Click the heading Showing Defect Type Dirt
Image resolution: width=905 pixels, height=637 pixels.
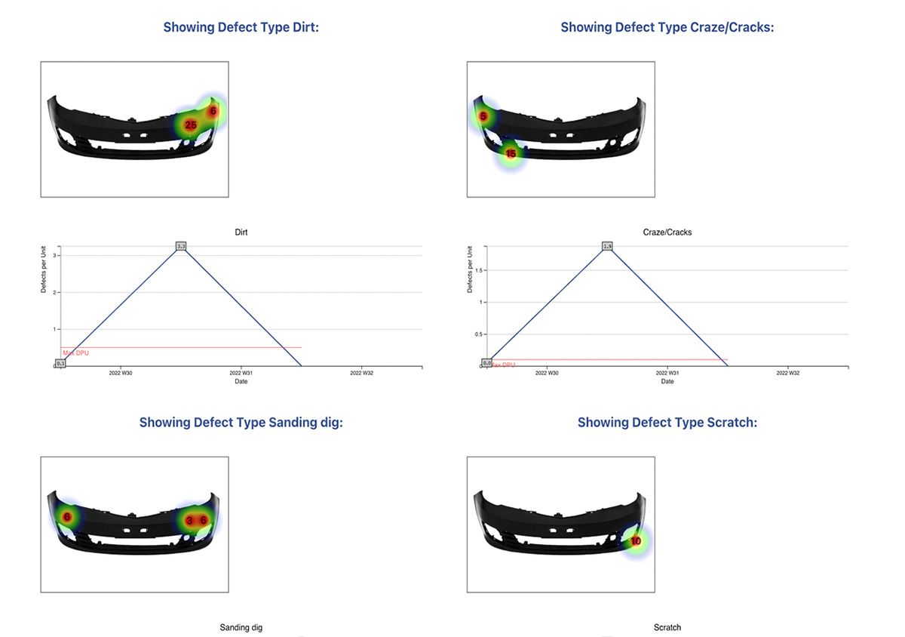pos(241,27)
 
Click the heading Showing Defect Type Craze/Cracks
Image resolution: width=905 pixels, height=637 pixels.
pos(667,27)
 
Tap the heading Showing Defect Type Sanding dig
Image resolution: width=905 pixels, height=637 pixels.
pos(241,423)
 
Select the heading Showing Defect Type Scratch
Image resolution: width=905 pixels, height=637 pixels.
pos(667,423)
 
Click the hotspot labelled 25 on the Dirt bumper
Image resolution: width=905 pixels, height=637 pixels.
pos(190,125)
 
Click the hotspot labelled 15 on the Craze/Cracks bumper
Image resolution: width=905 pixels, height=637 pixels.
pos(511,154)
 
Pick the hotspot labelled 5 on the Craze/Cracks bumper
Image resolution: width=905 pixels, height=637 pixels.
pos(483,117)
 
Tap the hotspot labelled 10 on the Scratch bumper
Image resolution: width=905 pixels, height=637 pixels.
pos(636,541)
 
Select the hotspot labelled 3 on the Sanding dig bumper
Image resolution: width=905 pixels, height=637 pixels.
pos(189,520)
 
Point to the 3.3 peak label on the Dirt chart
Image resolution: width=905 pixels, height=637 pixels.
pos(181,246)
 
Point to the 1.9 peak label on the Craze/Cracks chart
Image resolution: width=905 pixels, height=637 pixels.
pos(607,246)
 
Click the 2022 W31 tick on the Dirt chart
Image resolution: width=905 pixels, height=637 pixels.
pos(241,373)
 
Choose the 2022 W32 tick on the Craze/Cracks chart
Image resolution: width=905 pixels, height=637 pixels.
pos(788,373)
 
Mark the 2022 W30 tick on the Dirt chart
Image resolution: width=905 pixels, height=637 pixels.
pos(121,373)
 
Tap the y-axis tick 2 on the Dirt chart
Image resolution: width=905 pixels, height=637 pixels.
pos(56,292)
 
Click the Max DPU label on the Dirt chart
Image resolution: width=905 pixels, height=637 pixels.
pos(75,352)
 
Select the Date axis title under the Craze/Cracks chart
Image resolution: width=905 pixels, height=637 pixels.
pos(667,381)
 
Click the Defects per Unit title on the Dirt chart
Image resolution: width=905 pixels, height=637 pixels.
pos(43,270)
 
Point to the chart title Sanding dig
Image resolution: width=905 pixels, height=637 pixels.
pos(241,627)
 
